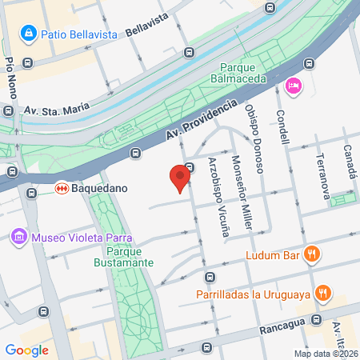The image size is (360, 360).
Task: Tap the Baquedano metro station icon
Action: click(60, 190)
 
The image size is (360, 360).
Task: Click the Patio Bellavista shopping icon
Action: click(28, 34)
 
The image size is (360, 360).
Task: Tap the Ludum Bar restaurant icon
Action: click(312, 254)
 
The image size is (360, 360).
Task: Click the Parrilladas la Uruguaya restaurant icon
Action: click(323, 294)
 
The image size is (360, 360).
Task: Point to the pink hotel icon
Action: click(293, 86)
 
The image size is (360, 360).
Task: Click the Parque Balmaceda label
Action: click(244, 74)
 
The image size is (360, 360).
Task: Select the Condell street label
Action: click(283, 124)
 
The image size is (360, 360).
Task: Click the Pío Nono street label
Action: click(9, 76)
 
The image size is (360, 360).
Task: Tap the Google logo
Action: click(26, 350)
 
